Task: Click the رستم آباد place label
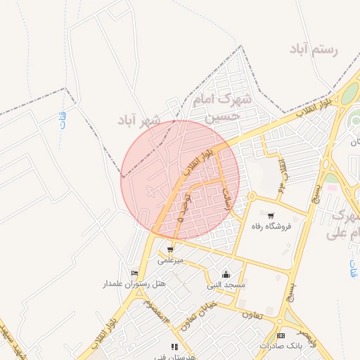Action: tap(313, 50)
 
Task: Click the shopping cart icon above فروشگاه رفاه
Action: tap(271, 215)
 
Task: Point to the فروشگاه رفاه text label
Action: tap(271, 226)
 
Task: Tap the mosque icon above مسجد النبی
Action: tap(225, 274)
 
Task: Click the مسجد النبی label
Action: tap(225, 285)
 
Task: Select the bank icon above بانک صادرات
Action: tap(281, 335)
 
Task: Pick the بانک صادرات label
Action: tap(280, 346)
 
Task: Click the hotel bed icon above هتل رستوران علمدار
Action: tap(134, 273)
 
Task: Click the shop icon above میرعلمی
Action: tap(170, 249)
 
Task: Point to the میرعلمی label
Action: tap(170, 259)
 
